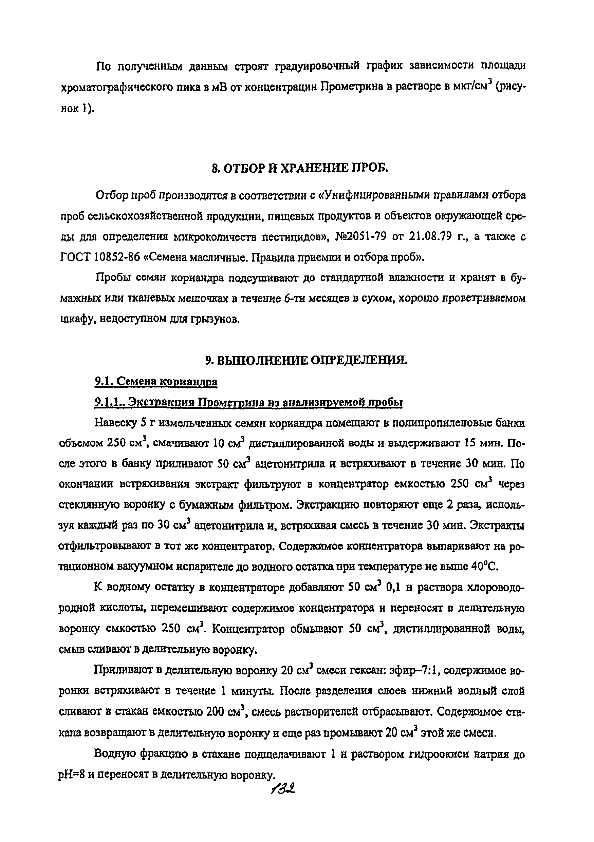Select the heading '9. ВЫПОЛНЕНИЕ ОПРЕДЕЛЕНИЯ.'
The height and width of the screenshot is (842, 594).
click(x=307, y=361)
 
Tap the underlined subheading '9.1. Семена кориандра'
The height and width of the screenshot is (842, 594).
click(x=156, y=382)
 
